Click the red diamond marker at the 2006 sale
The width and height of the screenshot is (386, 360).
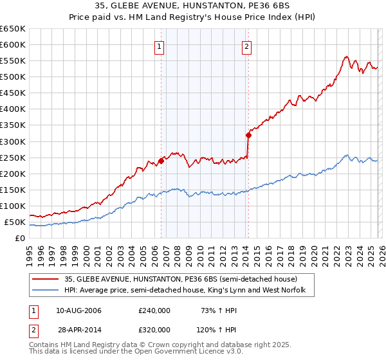pos(161,161)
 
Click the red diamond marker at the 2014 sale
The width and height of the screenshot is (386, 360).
pos(248,135)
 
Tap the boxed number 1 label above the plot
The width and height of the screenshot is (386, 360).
pos(159,46)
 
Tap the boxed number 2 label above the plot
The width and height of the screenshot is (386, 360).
pos(246,46)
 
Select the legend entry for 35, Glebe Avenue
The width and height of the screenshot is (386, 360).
pos(180,280)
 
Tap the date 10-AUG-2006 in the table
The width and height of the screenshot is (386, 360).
pos(78,310)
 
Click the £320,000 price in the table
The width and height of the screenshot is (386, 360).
pos(154,329)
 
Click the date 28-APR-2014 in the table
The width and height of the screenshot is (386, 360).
pos(78,329)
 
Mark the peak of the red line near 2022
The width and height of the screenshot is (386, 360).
pos(346,57)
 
